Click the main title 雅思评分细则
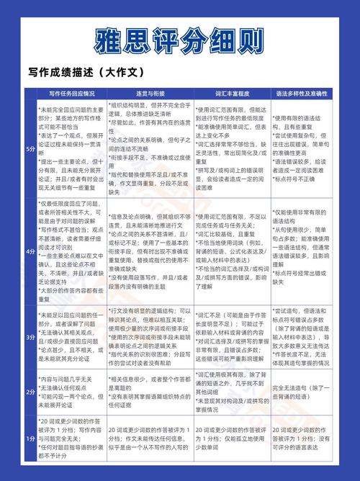(179, 40)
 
